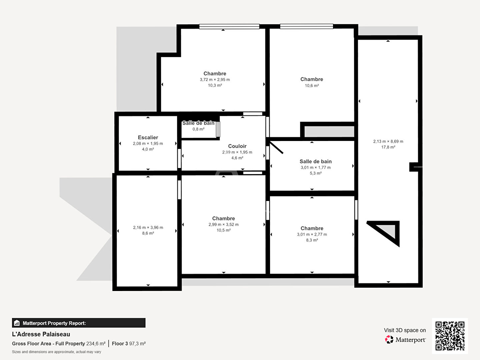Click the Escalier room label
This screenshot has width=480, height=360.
(x=148, y=137)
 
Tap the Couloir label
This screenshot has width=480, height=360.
(x=237, y=146)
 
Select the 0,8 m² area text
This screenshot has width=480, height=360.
(x=198, y=129)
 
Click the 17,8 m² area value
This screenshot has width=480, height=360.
(x=388, y=147)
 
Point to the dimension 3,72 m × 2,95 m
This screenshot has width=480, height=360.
(x=215, y=80)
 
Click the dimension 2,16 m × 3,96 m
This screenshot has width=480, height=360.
(x=148, y=228)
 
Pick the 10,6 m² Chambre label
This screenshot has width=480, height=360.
(x=312, y=79)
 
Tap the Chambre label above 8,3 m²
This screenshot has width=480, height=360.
(x=312, y=228)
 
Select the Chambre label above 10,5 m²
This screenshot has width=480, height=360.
(x=223, y=218)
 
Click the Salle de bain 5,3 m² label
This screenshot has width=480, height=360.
(x=316, y=161)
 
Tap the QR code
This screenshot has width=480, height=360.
(x=450, y=336)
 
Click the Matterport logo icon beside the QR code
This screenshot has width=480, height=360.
(x=389, y=339)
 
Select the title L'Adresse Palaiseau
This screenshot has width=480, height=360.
(x=41, y=334)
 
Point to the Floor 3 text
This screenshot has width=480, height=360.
(x=120, y=344)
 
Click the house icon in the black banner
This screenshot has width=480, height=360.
(x=17, y=323)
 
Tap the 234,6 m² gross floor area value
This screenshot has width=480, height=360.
(x=96, y=344)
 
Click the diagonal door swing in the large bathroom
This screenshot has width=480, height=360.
(x=276, y=148)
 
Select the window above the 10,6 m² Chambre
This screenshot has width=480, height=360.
(x=306, y=26)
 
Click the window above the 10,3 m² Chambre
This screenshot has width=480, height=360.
(x=229, y=26)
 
